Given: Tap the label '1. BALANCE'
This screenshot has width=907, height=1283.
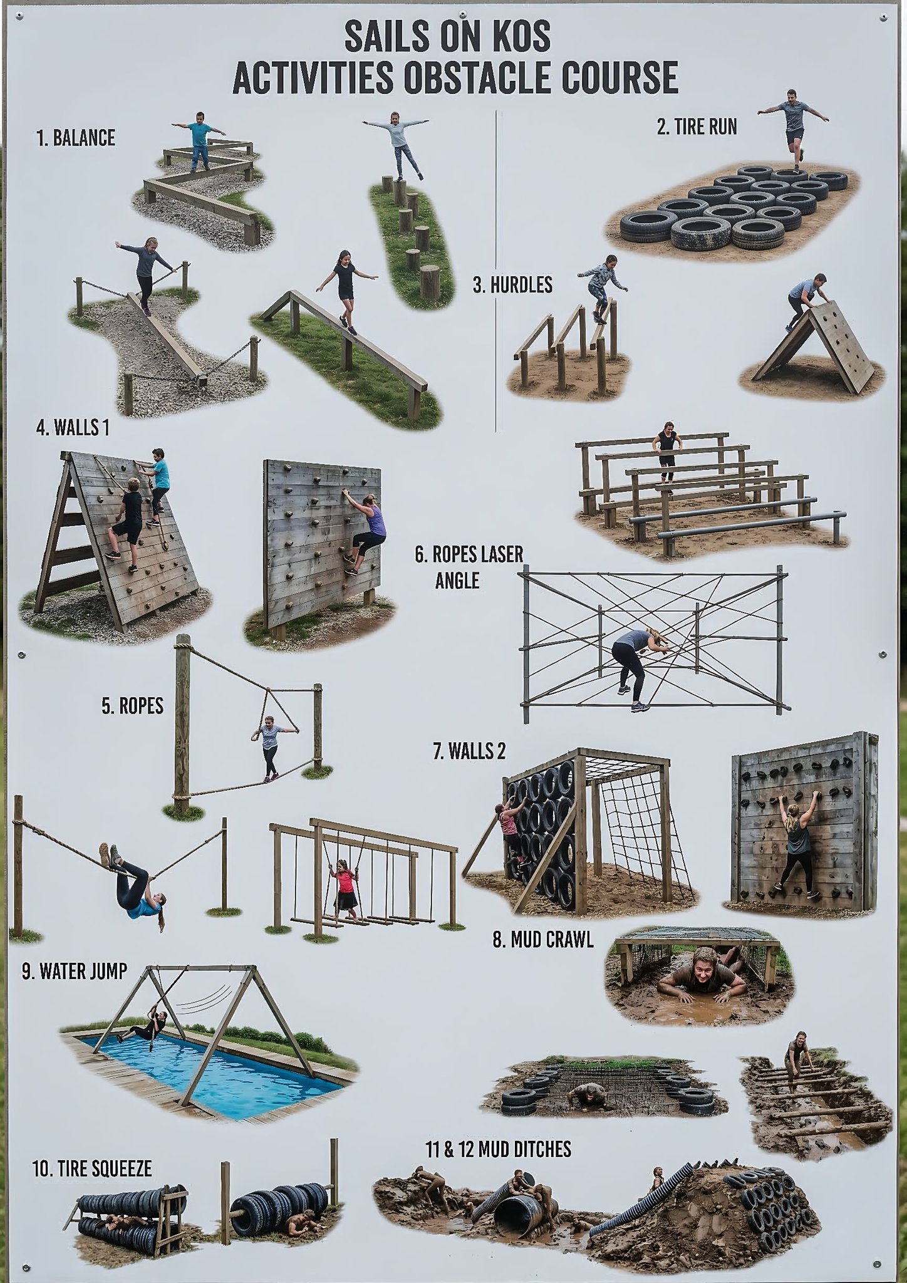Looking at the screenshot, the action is (76, 138).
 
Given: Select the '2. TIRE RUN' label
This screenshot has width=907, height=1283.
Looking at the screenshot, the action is (697, 127).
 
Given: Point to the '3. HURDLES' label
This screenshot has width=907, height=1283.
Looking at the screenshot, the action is (512, 285).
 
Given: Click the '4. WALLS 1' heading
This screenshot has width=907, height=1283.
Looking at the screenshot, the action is (73, 428).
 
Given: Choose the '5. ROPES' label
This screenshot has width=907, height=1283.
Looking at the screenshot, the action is (132, 706).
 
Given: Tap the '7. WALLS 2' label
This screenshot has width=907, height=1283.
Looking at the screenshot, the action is (469, 751).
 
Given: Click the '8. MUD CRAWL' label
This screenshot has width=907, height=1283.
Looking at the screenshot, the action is (543, 940).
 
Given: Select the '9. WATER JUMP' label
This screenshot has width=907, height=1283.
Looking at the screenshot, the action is (75, 972).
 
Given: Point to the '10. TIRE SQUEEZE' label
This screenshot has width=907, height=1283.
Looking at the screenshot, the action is (92, 1168).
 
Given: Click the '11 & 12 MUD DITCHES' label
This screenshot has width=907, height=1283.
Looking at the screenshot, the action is (499, 1149).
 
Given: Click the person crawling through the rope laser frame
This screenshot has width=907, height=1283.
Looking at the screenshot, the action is (639, 669).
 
